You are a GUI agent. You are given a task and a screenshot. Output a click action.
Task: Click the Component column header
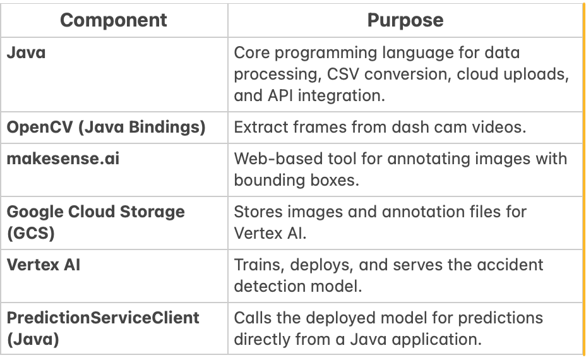tap(114, 20)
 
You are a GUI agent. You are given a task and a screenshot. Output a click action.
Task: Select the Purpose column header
tap(405, 20)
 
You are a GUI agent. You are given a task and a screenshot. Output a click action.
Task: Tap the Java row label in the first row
tap(26, 52)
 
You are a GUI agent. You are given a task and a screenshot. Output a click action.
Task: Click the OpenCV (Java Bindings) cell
tap(106, 127)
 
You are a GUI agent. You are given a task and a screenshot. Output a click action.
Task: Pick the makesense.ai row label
tap(63, 159)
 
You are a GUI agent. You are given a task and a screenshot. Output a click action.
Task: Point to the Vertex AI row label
tap(44, 265)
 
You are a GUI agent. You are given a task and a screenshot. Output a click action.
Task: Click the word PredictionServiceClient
tap(103, 318)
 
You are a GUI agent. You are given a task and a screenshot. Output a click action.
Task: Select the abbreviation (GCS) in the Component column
tap(31, 233)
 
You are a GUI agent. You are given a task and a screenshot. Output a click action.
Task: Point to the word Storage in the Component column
tap(152, 212)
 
